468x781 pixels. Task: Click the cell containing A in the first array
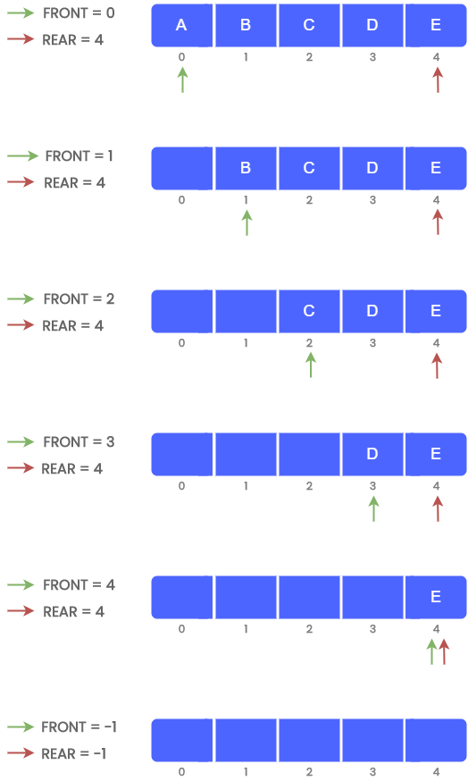pyautogui.click(x=181, y=25)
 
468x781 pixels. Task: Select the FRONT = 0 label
pyautogui.click(x=79, y=13)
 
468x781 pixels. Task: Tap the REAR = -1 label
pyautogui.click(x=74, y=754)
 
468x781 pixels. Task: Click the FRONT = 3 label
pyautogui.click(x=79, y=442)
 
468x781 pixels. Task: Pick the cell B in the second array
pyautogui.click(x=246, y=168)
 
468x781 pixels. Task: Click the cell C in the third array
pyautogui.click(x=309, y=311)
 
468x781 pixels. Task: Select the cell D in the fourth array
pyautogui.click(x=372, y=454)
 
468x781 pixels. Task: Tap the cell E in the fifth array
pyautogui.click(x=436, y=597)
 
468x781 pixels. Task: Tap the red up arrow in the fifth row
pyautogui.click(x=444, y=651)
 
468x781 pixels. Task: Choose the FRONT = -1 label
pyautogui.click(x=79, y=727)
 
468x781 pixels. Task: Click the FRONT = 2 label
pyautogui.click(x=79, y=299)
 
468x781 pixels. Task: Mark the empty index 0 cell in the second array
pyautogui.click(x=182, y=168)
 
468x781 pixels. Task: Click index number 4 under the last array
pyautogui.click(x=436, y=772)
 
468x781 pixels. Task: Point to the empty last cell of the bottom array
pyautogui.click(x=436, y=740)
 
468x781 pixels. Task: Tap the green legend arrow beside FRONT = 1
pyautogui.click(x=23, y=156)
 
